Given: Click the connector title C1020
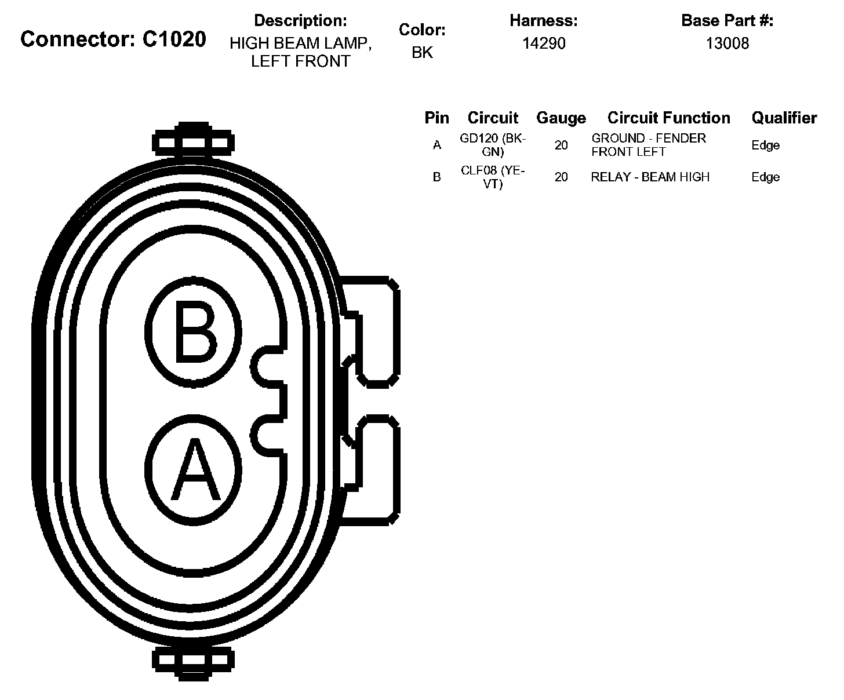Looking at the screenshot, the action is (x=113, y=39).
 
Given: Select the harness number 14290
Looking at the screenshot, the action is (x=544, y=43).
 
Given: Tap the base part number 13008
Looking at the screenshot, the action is (x=727, y=43).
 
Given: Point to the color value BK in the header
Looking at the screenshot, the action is (x=422, y=53).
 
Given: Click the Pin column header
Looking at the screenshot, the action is (x=436, y=118).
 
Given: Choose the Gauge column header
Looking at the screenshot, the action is (x=561, y=118).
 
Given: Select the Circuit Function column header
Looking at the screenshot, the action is (x=668, y=118).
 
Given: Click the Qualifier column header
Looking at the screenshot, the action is (x=784, y=118).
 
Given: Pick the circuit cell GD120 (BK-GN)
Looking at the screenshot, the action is (x=493, y=145).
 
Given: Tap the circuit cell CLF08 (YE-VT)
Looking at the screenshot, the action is (x=493, y=177).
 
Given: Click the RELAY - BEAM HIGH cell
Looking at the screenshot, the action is (x=650, y=177).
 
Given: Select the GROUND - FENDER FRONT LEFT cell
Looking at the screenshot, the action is (x=649, y=145).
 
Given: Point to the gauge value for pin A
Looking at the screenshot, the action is (x=561, y=145).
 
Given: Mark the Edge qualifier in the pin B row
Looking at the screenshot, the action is (x=765, y=177).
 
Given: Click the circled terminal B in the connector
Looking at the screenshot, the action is (x=193, y=331).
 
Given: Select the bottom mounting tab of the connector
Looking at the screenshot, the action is (x=193, y=660).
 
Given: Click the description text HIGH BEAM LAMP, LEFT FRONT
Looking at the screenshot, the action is (x=300, y=52).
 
